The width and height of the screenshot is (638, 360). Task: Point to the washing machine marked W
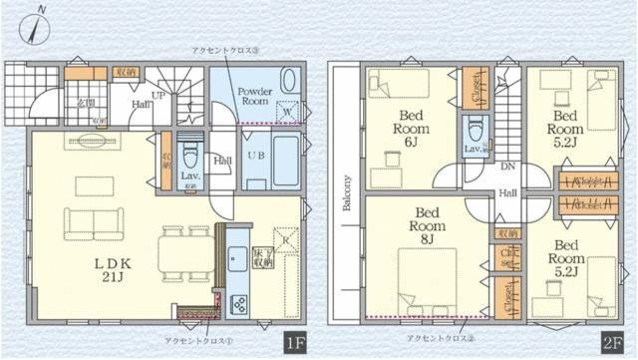pyautogui.click(x=289, y=112)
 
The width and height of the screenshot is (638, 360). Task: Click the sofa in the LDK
pyautogui.click(x=90, y=220)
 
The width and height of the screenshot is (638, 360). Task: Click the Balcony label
pyautogui.click(x=347, y=194)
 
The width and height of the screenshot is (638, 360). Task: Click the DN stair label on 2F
pyautogui.click(x=507, y=167)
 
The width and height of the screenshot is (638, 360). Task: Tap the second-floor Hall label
pyautogui.click(x=507, y=192)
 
